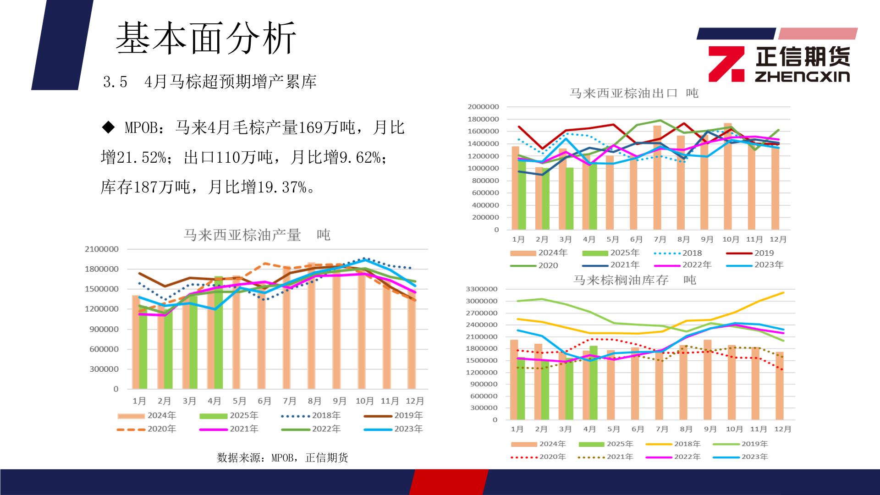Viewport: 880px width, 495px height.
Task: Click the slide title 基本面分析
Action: pyautogui.click(x=206, y=38)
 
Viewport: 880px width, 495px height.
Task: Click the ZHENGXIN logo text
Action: pyautogui.click(x=802, y=77)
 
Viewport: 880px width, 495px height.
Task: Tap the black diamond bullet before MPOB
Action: pyautogui.click(x=109, y=127)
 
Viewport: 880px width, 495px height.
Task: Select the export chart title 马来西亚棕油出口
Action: pyautogui.click(x=623, y=93)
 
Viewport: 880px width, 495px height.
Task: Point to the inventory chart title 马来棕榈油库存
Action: pyautogui.click(x=621, y=280)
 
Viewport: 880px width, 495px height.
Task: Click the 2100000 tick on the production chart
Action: pyautogui.click(x=101, y=249)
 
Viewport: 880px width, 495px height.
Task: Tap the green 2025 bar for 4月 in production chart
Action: pyautogui.click(x=219, y=335)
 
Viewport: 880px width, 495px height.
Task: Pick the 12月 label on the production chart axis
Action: pyautogui.click(x=415, y=401)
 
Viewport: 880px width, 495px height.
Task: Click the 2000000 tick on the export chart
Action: pyautogui.click(x=483, y=106)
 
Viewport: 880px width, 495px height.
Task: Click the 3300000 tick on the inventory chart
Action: pyautogui.click(x=481, y=289)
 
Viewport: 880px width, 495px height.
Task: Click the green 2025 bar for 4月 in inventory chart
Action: pyautogui.click(x=594, y=383)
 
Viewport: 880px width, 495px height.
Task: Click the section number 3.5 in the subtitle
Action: pyautogui.click(x=115, y=82)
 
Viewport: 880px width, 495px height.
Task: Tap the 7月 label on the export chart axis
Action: pyautogui.click(x=660, y=239)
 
